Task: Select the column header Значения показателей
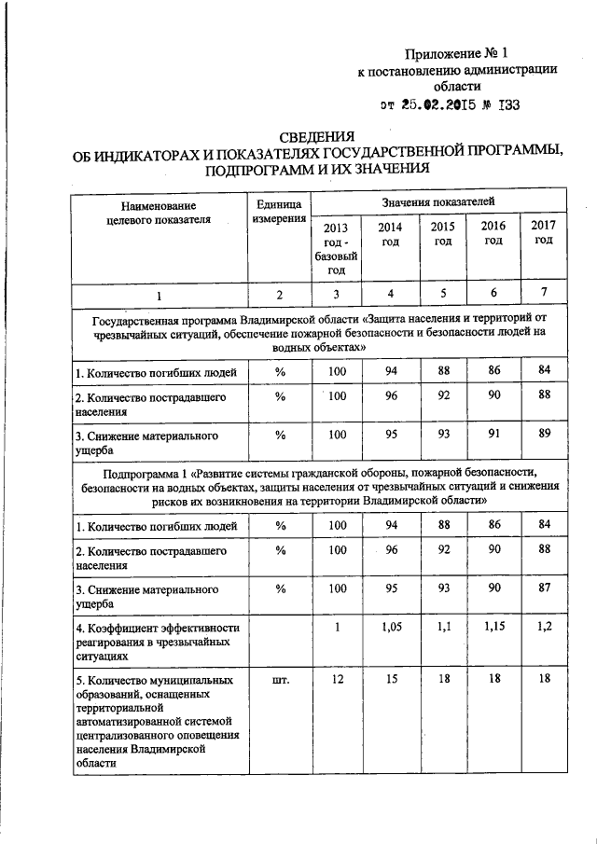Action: tap(437, 201)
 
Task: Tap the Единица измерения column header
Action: tap(279, 211)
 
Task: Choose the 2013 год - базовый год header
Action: tap(337, 248)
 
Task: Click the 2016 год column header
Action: tap(493, 232)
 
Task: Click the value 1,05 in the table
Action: tap(391, 629)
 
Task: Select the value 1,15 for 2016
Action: tap(493, 629)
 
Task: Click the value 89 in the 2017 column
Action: tap(544, 434)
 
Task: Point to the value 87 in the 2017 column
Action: tap(544, 588)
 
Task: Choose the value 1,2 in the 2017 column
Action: tap(544, 629)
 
